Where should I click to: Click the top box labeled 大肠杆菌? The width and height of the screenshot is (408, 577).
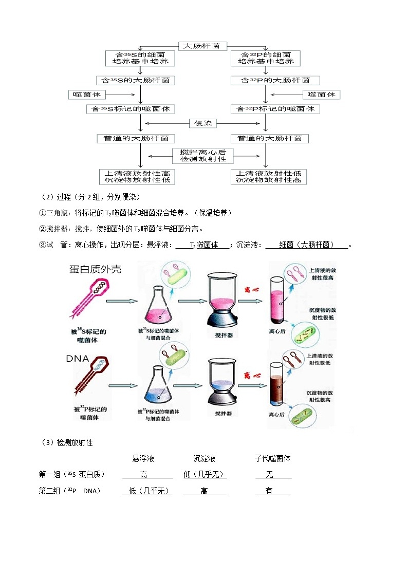click(x=203, y=46)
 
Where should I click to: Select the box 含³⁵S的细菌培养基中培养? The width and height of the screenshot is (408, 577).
click(x=139, y=58)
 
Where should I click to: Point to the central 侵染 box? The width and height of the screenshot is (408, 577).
click(x=203, y=123)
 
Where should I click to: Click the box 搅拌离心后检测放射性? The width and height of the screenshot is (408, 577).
click(x=203, y=156)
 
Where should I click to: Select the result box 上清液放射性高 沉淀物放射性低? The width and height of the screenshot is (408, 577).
click(x=137, y=177)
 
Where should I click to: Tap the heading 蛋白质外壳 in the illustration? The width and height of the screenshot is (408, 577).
click(x=96, y=269)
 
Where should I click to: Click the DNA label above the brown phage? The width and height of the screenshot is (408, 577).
click(x=78, y=359)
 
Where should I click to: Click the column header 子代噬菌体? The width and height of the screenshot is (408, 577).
click(x=273, y=458)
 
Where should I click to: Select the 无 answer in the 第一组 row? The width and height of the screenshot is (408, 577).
click(x=269, y=475)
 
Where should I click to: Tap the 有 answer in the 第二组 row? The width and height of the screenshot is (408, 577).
click(x=269, y=491)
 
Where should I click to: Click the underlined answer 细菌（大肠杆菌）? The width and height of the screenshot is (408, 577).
click(x=307, y=245)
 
